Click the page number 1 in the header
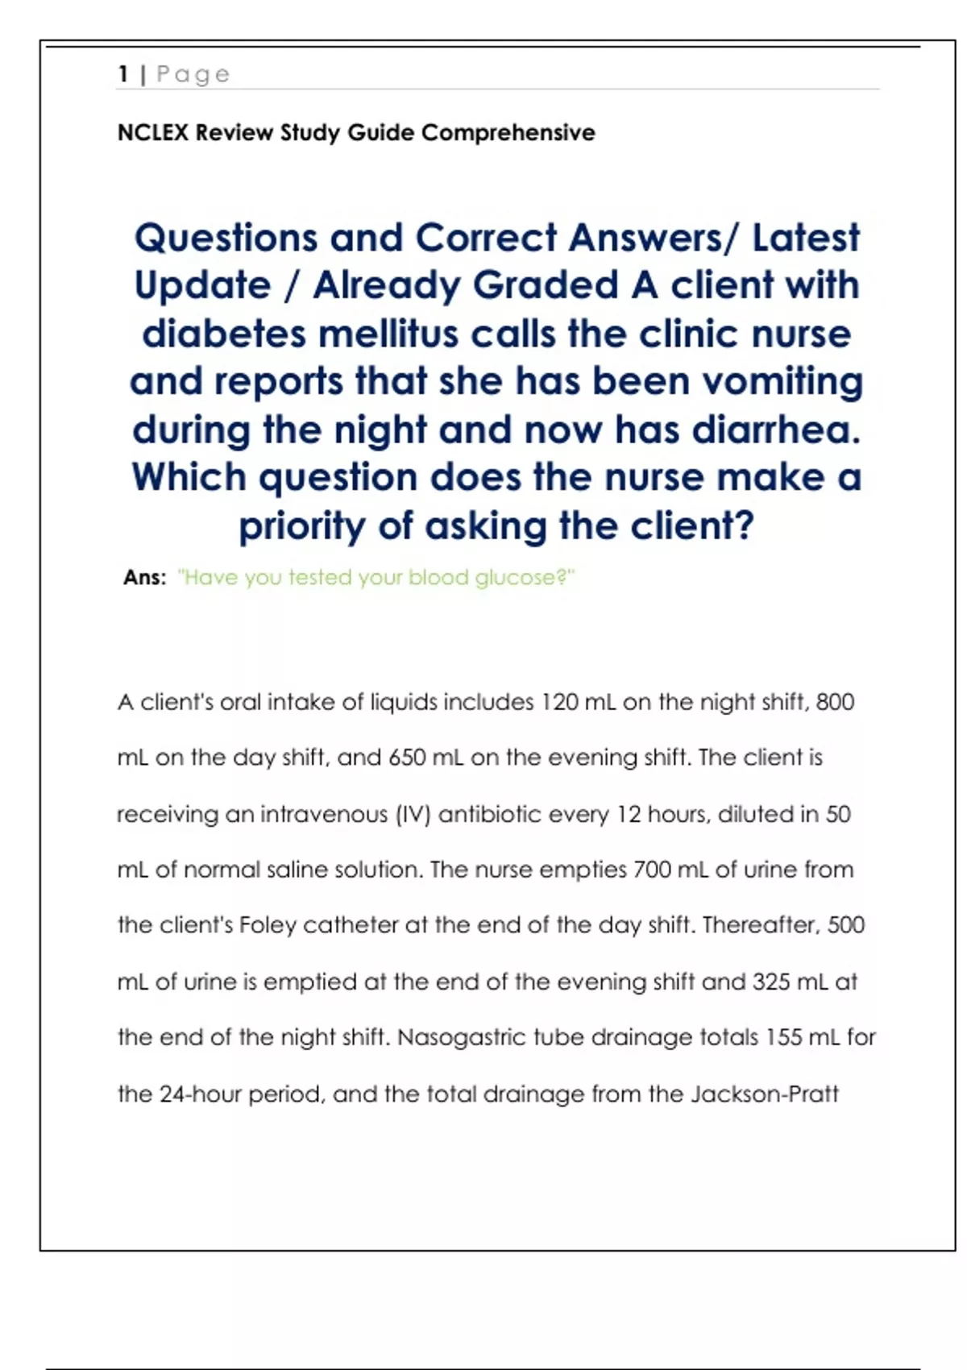[123, 74]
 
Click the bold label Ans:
[145, 577]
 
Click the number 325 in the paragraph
[770, 982]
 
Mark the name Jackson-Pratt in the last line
[764, 1094]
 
